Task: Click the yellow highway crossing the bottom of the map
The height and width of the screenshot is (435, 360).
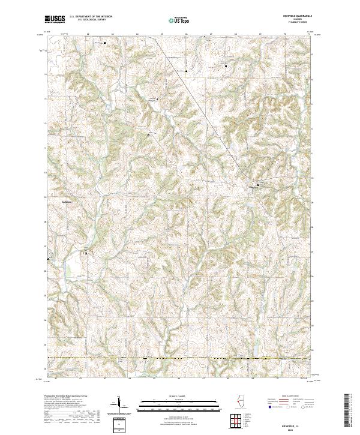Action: [180, 359]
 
